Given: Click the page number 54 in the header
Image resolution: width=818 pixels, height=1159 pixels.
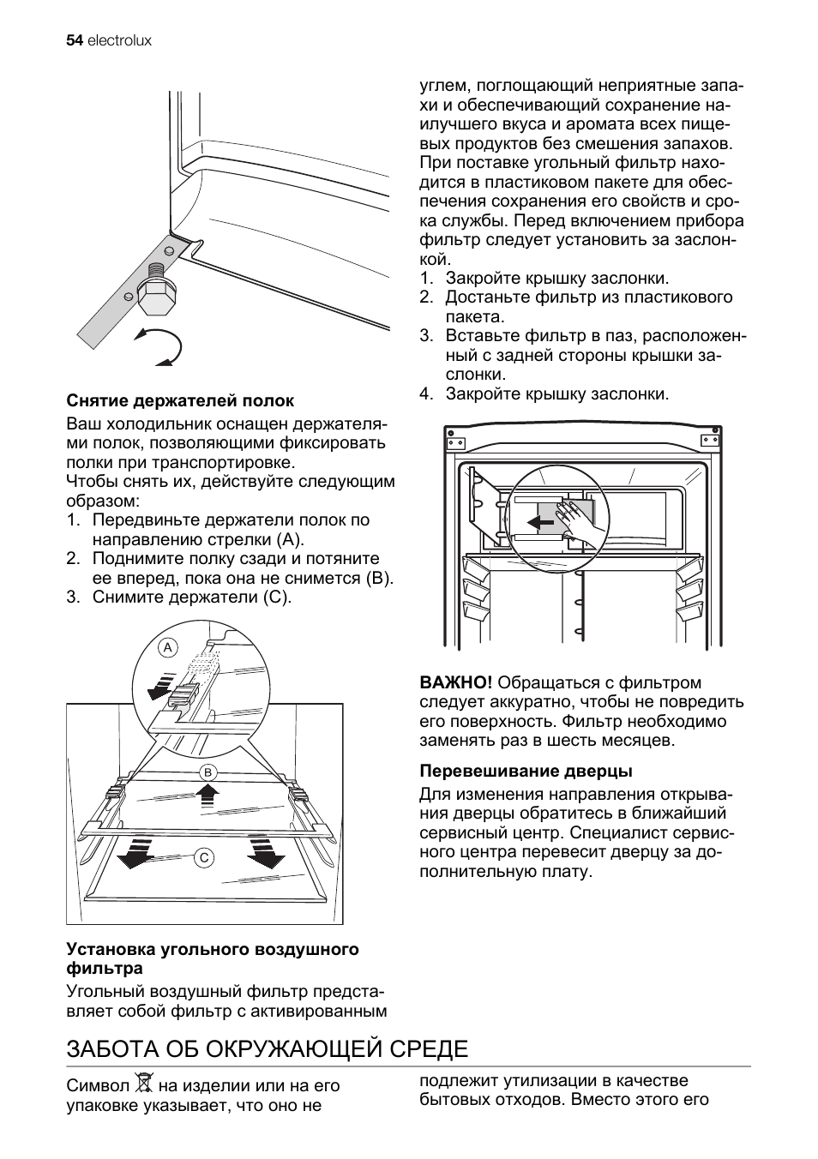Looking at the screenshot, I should [75, 40].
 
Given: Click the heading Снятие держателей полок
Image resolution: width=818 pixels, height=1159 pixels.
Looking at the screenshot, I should [180, 400].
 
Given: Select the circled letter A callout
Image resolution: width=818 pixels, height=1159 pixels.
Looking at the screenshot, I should [168, 647].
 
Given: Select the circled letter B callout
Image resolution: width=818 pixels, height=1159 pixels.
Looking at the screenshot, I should [208, 772].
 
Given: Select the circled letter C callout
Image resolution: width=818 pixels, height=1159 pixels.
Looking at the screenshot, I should [204, 857].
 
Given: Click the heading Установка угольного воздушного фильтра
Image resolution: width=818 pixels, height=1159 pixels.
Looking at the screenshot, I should [213, 958].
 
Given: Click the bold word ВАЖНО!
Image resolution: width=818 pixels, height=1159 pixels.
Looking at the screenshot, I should [455, 682].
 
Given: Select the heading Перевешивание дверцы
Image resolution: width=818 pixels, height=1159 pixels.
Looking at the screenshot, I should [526, 771].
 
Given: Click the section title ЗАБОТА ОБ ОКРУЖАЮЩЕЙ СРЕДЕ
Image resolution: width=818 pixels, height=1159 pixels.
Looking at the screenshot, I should [268, 1049].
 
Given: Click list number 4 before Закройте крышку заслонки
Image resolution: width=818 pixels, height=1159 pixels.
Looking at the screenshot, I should [426, 393].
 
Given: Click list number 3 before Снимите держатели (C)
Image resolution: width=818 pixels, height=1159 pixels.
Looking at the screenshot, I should [74, 597].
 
